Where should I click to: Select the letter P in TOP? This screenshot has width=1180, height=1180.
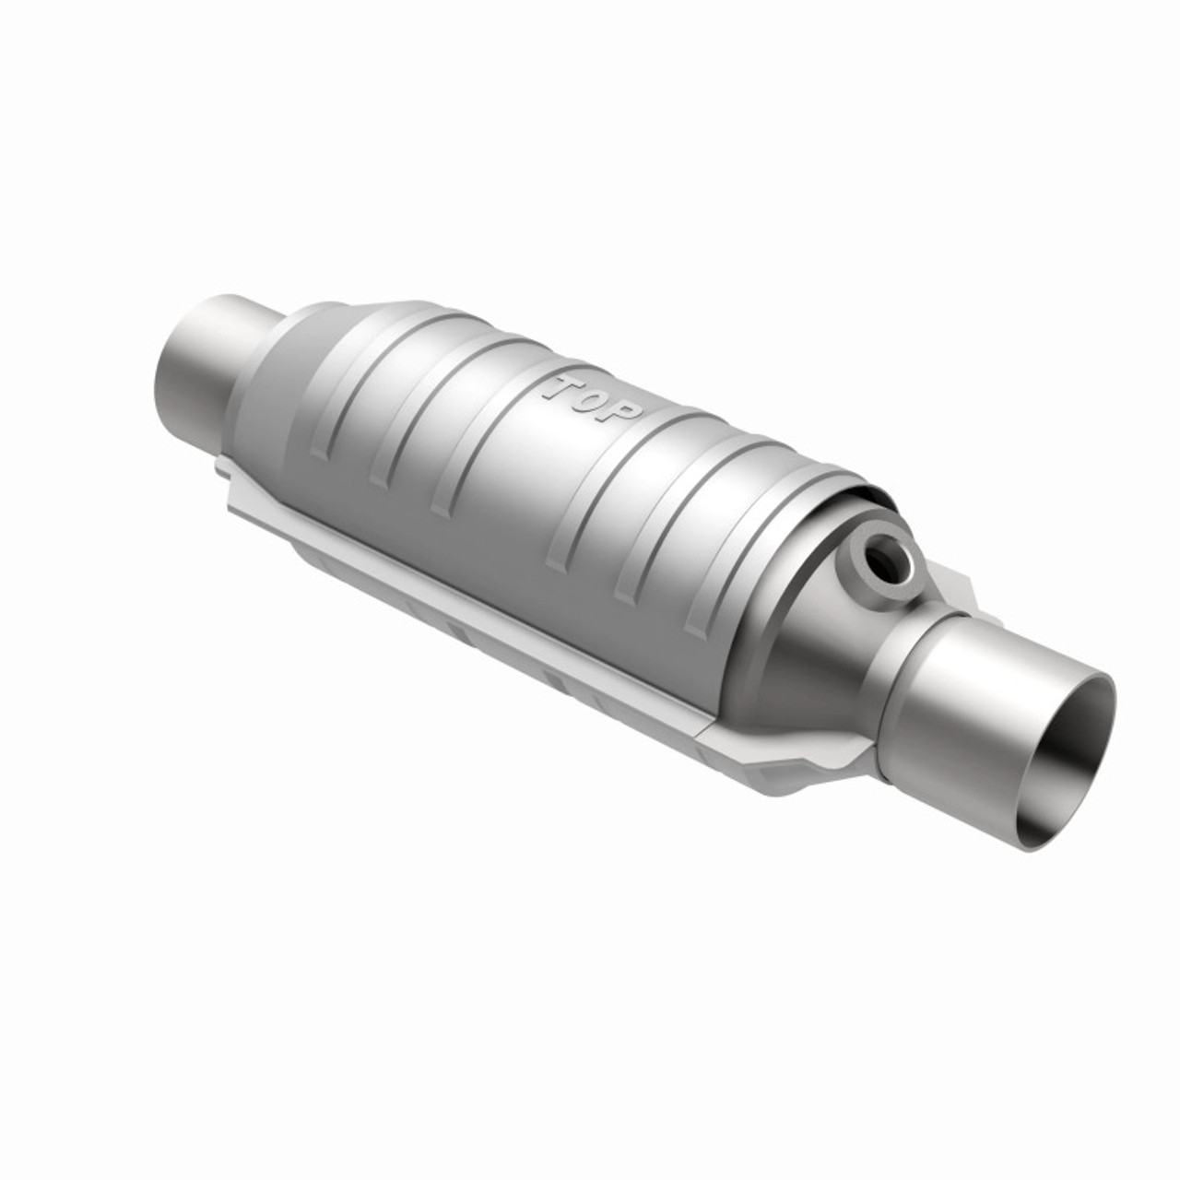click(x=621, y=415)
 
